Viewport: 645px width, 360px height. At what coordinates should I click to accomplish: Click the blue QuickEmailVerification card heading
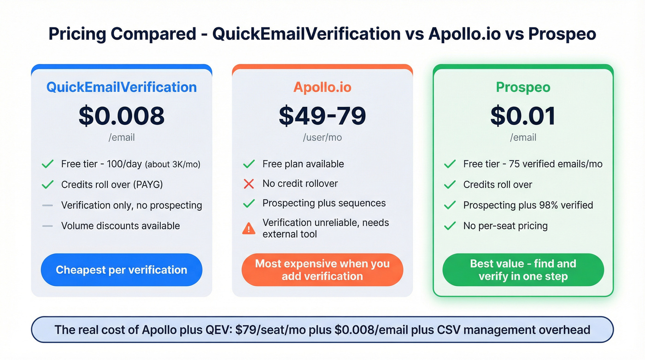pos(122,87)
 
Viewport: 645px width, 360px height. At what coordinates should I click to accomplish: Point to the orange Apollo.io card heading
pos(322,87)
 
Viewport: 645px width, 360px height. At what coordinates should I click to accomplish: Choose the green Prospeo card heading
pos(523,87)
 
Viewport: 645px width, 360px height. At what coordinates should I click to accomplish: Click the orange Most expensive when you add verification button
pos(322,270)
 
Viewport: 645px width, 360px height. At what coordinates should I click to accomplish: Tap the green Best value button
pos(523,270)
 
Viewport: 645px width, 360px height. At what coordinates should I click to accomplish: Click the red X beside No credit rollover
pos(249,184)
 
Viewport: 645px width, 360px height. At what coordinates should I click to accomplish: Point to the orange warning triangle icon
pos(249,228)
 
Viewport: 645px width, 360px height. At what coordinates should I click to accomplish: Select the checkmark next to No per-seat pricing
pos(450,226)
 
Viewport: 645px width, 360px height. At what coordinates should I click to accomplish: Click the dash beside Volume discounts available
pos(47,226)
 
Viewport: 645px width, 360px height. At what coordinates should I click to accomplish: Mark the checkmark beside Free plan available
pos(249,164)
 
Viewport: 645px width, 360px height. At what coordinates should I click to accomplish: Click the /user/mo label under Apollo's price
pos(322,137)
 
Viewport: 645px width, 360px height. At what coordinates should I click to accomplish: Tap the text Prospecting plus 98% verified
pos(528,205)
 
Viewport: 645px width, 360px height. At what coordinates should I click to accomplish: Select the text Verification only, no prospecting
pos(131,205)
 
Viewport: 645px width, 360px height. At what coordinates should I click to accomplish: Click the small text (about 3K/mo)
pos(173,164)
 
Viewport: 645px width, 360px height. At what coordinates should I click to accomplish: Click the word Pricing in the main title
pos(77,34)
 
